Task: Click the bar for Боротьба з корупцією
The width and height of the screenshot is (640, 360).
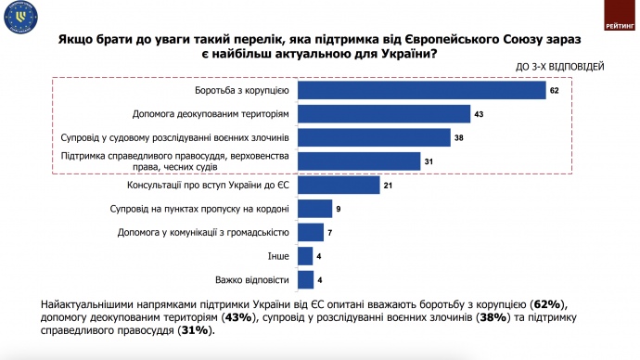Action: coord(422,90)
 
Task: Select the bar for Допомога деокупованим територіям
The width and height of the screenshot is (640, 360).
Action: coord(385,114)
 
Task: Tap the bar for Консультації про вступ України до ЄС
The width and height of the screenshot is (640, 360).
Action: coord(339,185)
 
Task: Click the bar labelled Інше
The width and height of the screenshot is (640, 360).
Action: coord(306,256)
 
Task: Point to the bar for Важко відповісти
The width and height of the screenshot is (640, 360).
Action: coord(306,279)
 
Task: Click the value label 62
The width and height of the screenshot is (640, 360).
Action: coord(555,91)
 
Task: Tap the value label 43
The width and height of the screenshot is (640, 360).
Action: coord(480,114)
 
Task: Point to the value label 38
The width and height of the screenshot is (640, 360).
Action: coord(459,138)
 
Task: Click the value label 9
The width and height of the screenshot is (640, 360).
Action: coord(339,209)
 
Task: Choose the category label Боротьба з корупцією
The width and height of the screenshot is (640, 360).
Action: coord(244,90)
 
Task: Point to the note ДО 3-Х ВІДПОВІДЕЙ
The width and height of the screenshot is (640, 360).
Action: coord(562,67)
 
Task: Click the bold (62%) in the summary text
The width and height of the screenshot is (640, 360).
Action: coord(548,305)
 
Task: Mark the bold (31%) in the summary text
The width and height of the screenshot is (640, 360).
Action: coord(195,329)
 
